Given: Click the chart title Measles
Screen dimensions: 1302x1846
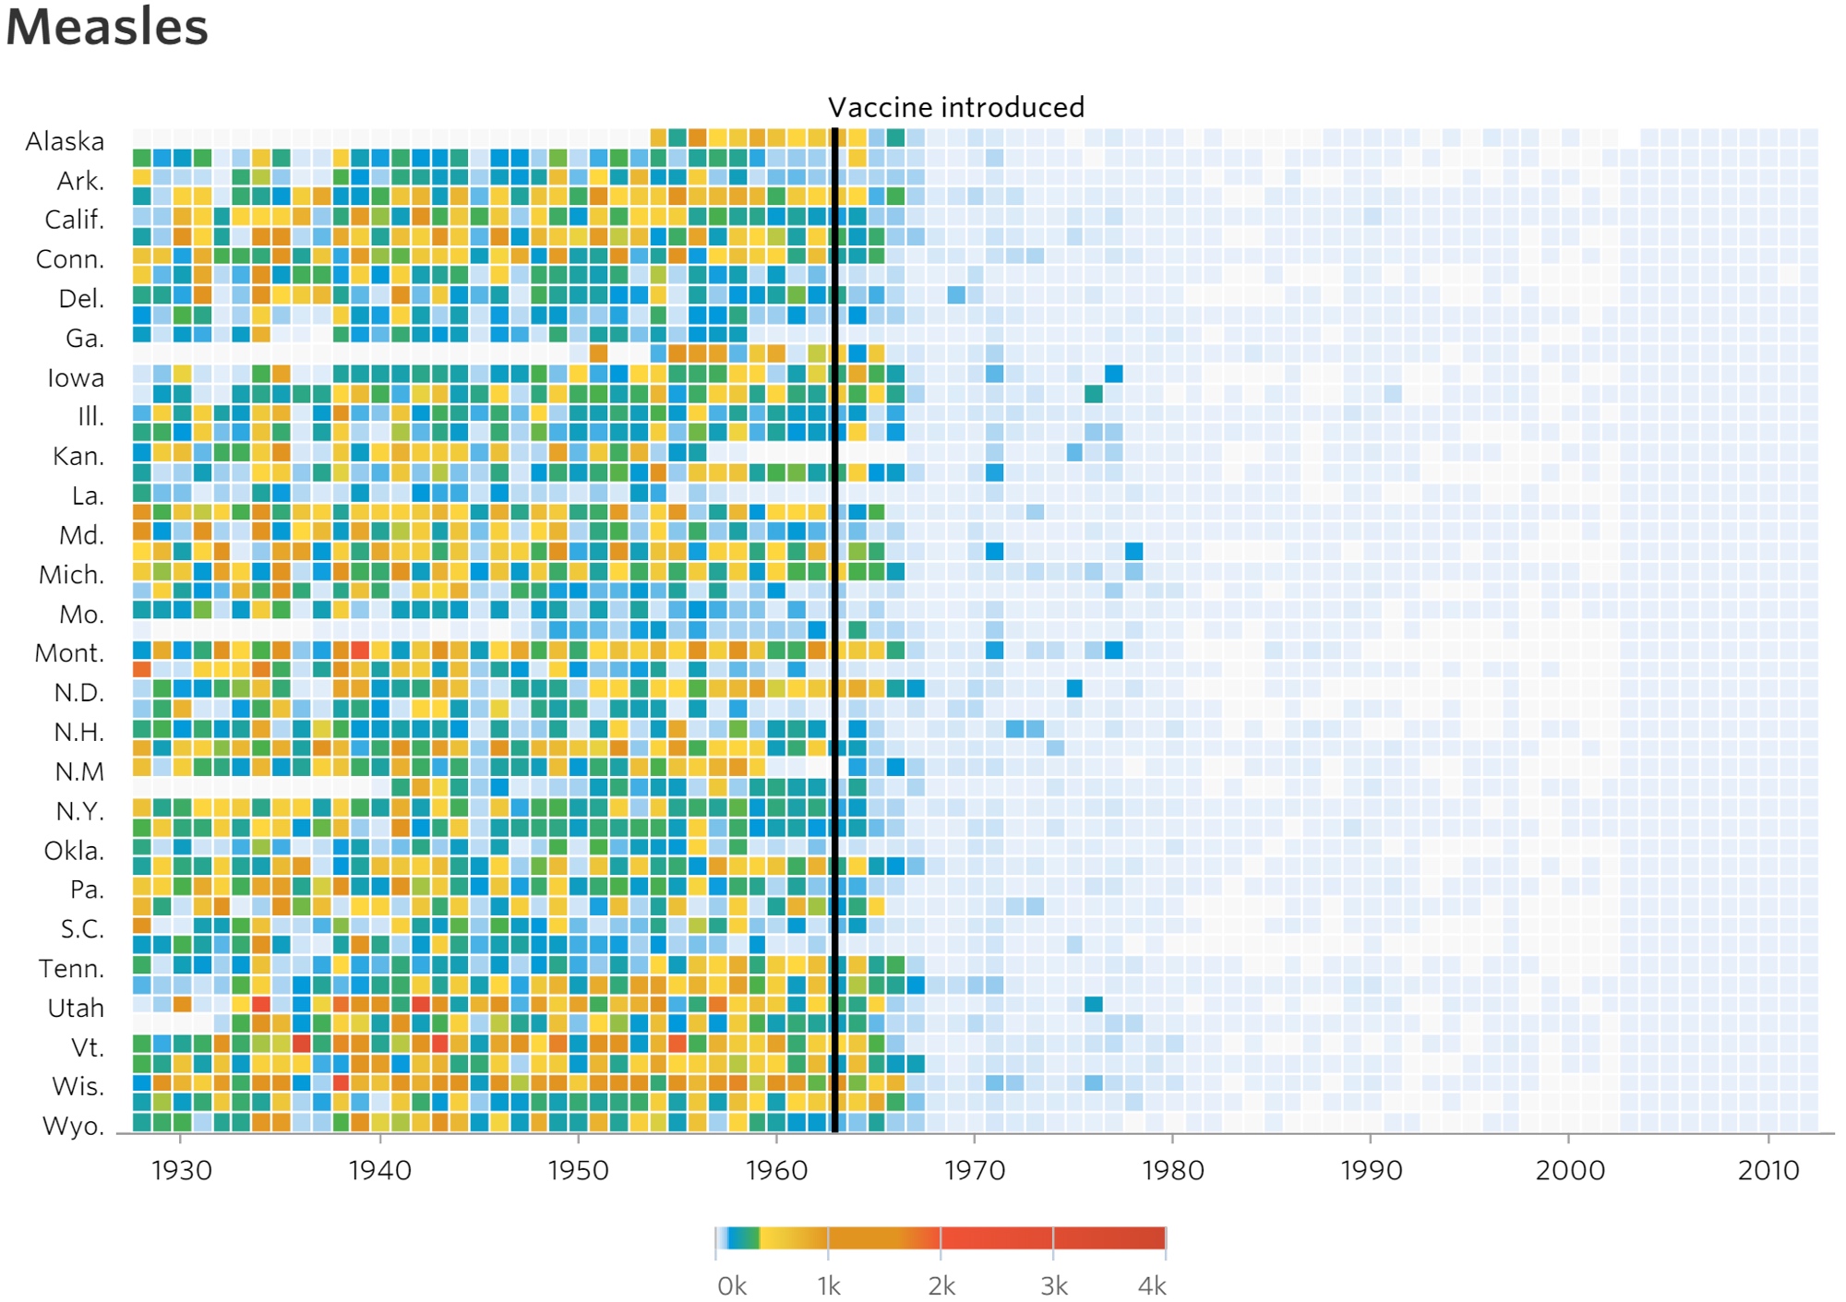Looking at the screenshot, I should pos(107,27).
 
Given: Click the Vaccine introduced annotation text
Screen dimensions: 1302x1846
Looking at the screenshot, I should pos(955,108).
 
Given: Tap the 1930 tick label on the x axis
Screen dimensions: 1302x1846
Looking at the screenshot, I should pos(182,1170).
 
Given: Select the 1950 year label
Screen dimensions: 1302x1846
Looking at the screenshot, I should pos(579,1170).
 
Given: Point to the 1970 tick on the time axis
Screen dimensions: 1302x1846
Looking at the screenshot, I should pos(975,1170).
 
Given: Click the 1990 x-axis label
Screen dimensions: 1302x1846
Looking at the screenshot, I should pos(1372,1170).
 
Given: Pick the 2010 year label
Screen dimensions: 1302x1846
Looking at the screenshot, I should pos(1768,1170).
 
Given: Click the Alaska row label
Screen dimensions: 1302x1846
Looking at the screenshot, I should pos(65,141).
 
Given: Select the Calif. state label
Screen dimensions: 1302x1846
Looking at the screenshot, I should pos(75,220).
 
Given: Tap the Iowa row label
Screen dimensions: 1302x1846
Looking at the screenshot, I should pos(76,377).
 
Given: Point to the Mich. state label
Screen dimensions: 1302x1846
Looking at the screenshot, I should pos(71,575).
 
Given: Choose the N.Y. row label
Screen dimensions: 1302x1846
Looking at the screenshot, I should pos(79,811).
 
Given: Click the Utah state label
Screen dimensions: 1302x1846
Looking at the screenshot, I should pos(76,1008).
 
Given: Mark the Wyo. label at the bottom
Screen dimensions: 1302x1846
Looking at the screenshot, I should pos(73,1126).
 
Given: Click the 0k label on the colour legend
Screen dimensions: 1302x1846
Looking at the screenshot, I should pos(732,1285).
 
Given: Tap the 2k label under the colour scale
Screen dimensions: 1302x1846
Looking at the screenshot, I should pos(941,1285).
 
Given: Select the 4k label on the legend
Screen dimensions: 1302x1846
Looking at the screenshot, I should pos(1152,1285).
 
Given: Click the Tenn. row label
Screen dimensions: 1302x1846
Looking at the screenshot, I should pos(71,969).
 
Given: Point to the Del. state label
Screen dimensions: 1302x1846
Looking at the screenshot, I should pos(81,299).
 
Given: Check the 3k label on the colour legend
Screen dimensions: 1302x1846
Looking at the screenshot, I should pos(1053,1285).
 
